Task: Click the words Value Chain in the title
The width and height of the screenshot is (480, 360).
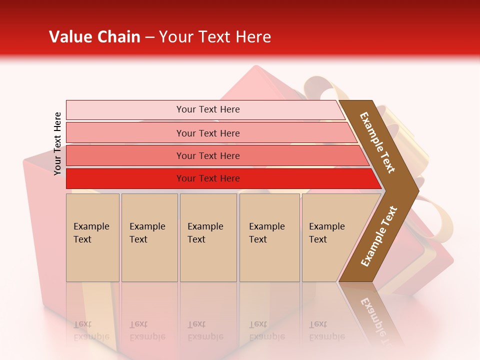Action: (94, 37)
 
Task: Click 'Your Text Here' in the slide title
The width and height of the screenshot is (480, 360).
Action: (214, 37)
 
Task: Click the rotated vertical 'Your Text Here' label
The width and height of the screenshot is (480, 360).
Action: (57, 143)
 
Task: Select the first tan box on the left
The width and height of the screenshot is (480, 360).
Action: (92, 237)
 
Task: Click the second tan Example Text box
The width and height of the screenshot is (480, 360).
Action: (149, 237)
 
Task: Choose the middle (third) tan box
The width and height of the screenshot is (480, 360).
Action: (208, 237)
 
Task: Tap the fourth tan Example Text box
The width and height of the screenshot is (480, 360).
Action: (269, 237)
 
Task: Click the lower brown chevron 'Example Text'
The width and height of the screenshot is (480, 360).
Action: (378, 236)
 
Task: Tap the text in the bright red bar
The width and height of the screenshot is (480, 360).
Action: (208, 178)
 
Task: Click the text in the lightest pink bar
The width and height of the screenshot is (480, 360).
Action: (208, 109)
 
